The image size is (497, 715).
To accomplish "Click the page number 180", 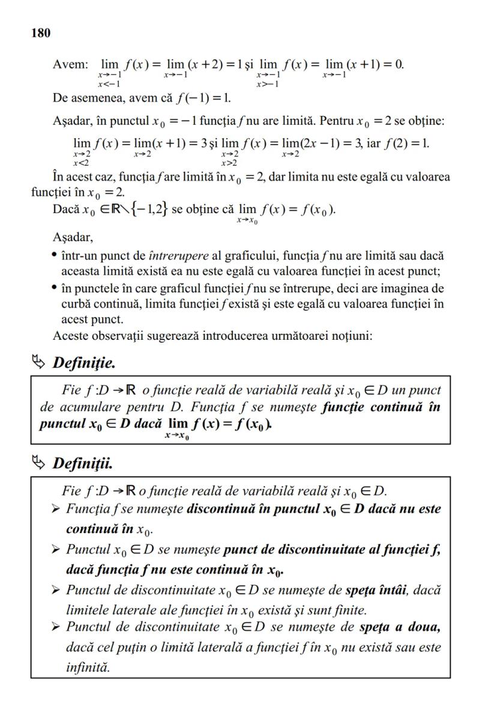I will coord(41,33).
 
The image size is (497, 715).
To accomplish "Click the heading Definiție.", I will coord(84,363).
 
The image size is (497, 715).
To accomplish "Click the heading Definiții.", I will coord(83,463).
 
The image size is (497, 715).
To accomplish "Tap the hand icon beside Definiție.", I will coord(40,362).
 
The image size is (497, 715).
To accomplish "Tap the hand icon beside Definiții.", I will coord(40,463).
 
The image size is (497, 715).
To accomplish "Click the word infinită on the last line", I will coord(88,667).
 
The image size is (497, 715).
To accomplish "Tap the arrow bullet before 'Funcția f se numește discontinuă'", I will coord(56,509).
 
